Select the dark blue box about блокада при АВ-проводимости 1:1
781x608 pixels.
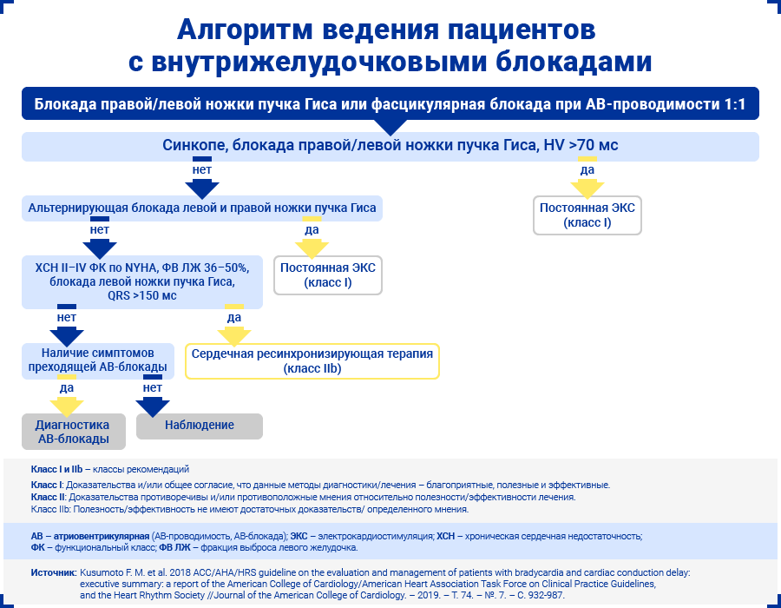click(390, 104)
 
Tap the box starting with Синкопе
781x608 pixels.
click(390, 146)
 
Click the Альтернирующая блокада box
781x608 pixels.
click(202, 208)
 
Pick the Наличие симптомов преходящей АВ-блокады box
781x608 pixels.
click(97, 361)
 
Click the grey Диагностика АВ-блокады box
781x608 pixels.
click(73, 432)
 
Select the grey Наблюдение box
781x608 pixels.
click(200, 426)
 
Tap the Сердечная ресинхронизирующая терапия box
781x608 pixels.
click(312, 361)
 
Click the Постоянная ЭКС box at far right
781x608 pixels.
click(587, 215)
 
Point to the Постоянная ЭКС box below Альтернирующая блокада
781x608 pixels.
click(328, 274)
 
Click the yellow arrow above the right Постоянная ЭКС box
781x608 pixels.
click(587, 185)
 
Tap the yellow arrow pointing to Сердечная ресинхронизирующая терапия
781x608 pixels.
click(233, 334)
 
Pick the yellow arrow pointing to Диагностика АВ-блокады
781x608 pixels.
click(67, 404)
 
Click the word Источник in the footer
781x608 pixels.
click(53, 573)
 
